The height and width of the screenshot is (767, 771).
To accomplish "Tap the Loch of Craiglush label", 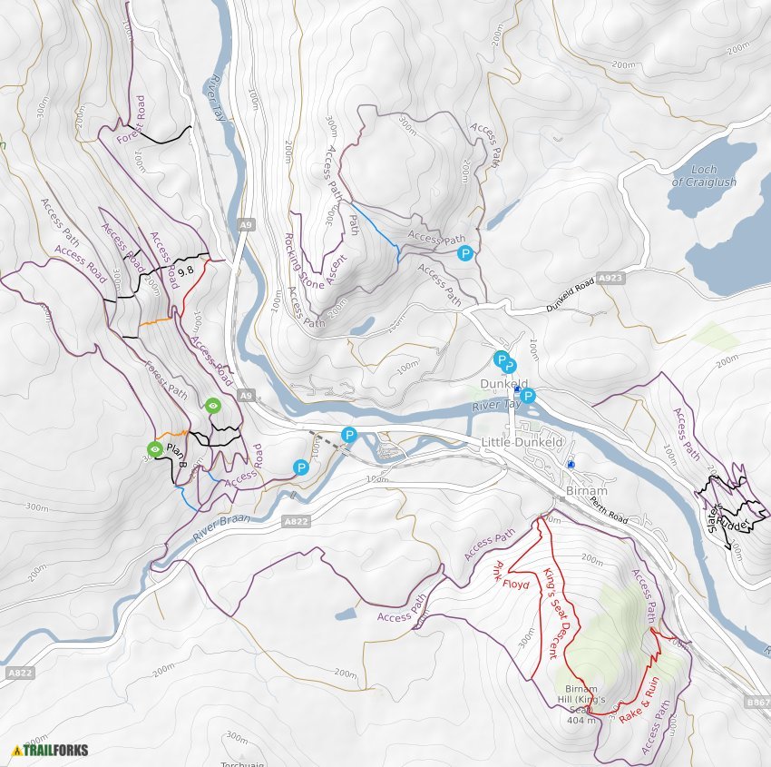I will (x=704, y=176).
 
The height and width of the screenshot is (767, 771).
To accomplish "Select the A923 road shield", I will (x=610, y=280).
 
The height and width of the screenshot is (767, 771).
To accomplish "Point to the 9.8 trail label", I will (x=186, y=270).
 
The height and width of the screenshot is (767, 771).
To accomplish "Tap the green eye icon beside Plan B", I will (x=155, y=449).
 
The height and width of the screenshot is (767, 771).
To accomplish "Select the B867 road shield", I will (x=758, y=702).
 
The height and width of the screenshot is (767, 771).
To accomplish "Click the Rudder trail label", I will (x=737, y=523).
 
